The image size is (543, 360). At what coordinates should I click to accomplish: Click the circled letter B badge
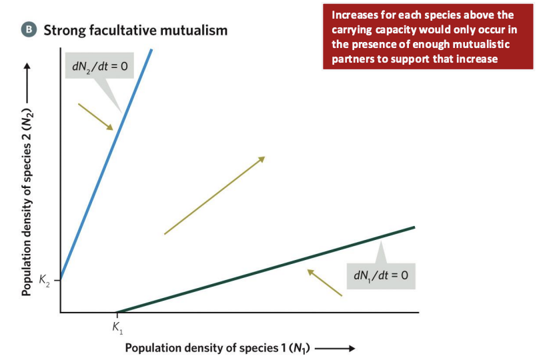point(29,30)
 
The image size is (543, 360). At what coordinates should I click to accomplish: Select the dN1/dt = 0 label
point(378,275)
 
